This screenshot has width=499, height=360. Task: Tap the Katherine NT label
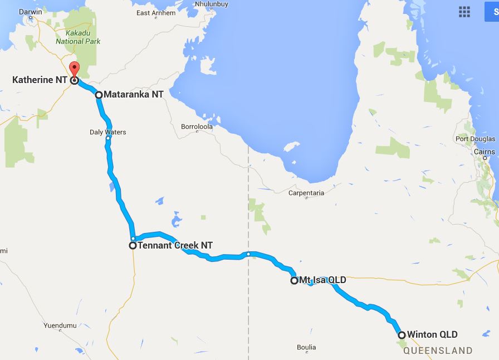click(40, 80)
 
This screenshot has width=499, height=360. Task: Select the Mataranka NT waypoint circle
click(99, 95)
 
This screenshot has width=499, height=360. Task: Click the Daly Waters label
click(107, 132)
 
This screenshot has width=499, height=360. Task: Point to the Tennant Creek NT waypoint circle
click(133, 245)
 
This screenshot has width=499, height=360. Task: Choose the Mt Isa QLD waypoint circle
click(294, 280)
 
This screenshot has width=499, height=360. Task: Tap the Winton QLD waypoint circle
click(402, 335)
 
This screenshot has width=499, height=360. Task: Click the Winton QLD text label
click(432, 335)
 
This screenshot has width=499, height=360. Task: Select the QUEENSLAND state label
click(438, 351)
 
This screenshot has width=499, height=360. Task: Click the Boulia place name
click(306, 347)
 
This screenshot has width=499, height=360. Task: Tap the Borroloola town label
click(197, 127)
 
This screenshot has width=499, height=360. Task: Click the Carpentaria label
click(306, 193)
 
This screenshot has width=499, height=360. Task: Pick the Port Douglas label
click(475, 139)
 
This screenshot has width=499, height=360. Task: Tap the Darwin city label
click(30, 12)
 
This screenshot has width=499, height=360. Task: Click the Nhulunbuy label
click(212, 4)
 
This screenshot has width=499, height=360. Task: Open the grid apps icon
click(464, 12)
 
